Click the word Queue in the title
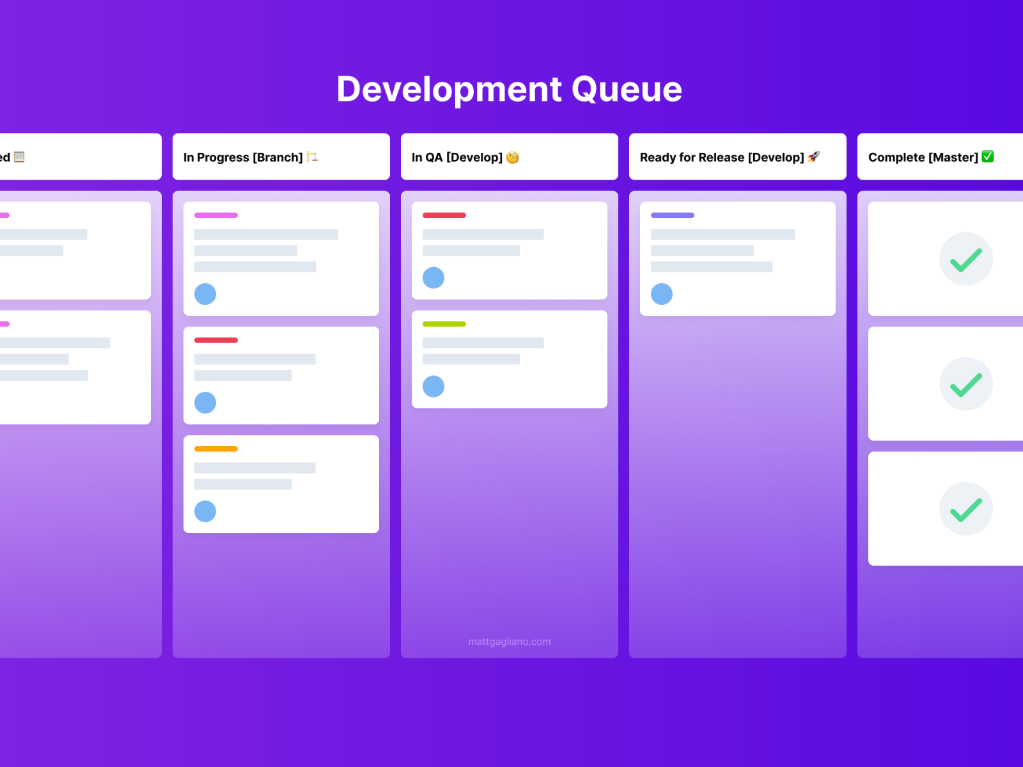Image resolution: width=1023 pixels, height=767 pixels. [627, 89]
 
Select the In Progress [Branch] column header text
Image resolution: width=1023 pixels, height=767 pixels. [243, 157]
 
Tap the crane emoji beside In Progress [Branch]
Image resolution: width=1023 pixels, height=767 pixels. [312, 157]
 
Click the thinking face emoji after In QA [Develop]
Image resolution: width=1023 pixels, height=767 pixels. [512, 157]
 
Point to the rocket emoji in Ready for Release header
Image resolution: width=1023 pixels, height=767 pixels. [813, 157]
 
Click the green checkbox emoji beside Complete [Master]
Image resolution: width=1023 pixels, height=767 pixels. [987, 157]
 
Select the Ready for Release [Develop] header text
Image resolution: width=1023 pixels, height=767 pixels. [722, 157]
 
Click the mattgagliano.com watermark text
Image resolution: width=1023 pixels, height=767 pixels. [509, 642]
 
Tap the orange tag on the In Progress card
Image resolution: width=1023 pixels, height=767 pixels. [216, 449]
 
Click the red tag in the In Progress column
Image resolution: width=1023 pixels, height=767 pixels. [216, 340]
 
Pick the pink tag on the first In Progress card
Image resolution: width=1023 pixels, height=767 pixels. [216, 215]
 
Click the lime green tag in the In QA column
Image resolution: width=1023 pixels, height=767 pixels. [444, 324]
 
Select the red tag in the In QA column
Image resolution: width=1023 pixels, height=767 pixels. [444, 215]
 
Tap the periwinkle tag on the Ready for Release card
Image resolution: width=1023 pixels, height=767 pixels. [673, 215]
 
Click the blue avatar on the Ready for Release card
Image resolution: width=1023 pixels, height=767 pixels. [662, 294]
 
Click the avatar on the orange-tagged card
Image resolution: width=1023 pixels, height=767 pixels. [205, 511]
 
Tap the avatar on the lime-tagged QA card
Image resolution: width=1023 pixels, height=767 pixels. [433, 386]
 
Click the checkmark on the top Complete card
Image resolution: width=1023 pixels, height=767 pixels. [965, 260]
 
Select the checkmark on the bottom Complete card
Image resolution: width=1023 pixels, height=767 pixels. [965, 509]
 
